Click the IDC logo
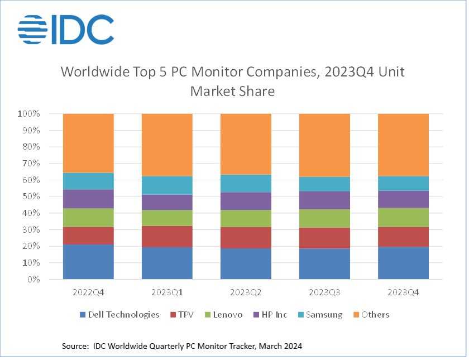(x=65, y=29)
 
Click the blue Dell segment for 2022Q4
(x=88, y=261)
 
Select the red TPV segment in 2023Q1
(x=167, y=237)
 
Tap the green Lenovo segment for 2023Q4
(x=403, y=217)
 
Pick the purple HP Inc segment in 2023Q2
(x=246, y=201)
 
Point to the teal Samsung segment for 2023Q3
(x=324, y=184)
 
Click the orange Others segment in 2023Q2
(x=246, y=144)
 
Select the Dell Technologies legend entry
(x=119, y=315)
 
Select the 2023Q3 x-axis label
(x=324, y=292)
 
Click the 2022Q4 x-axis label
(x=88, y=292)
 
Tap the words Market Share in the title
(x=232, y=91)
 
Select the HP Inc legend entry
(x=271, y=315)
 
